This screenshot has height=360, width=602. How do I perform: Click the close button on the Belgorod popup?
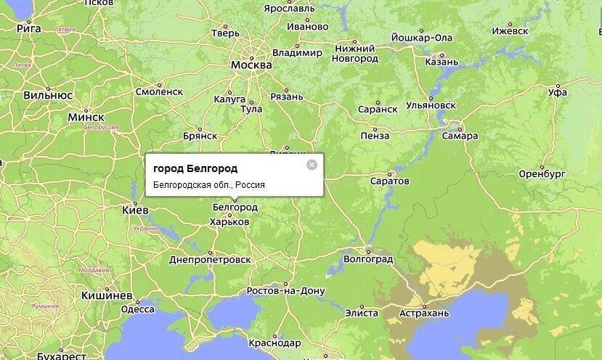pyautogui.click(x=312, y=165)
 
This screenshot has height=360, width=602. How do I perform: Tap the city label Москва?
pyautogui.click(x=251, y=65)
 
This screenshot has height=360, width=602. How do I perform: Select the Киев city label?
pyautogui.click(x=136, y=210)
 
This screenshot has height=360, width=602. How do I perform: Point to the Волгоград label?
pyautogui.click(x=368, y=258)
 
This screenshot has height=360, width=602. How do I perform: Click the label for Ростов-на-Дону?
pyautogui.click(x=286, y=290)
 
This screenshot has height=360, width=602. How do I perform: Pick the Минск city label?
pyautogui.click(x=86, y=117)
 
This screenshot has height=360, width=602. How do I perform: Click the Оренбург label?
pyautogui.click(x=542, y=174)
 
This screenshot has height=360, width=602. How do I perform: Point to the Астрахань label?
pyautogui.click(x=425, y=313)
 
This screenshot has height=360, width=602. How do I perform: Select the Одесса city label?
pyautogui.click(x=137, y=309)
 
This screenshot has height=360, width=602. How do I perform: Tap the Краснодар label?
pyautogui.click(x=274, y=343)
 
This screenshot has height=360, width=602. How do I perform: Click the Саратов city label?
pyautogui.click(x=390, y=180)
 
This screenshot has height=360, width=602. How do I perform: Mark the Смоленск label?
pyautogui.click(x=159, y=91)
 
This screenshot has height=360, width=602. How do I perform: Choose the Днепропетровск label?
pyautogui.click(x=210, y=259)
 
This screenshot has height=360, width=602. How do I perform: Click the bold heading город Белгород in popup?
pyautogui.click(x=195, y=168)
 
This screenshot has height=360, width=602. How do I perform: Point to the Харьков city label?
pyautogui.click(x=229, y=221)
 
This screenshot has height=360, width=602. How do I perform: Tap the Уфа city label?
pyautogui.click(x=558, y=92)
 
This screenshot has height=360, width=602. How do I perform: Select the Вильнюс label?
pyautogui.click(x=48, y=95)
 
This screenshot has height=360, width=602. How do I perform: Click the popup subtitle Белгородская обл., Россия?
pyautogui.click(x=209, y=185)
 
